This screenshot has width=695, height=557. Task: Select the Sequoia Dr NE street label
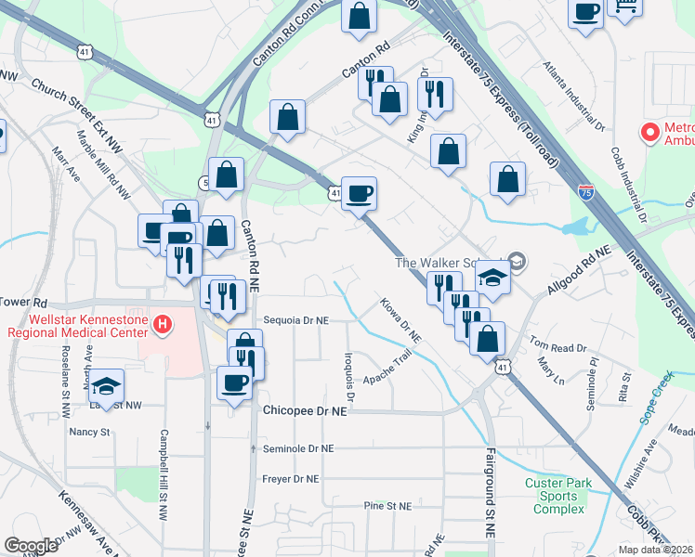296,319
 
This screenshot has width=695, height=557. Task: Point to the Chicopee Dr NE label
305,409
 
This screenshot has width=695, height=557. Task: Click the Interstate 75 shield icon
585,192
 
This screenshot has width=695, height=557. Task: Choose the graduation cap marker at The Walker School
493,278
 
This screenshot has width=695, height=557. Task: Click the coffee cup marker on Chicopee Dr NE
233,382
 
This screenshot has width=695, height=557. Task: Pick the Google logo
31,546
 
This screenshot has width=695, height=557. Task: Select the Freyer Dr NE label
291,479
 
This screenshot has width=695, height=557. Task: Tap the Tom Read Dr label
559,347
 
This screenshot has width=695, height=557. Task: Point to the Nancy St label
89,432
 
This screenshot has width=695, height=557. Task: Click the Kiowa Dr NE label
400,317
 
